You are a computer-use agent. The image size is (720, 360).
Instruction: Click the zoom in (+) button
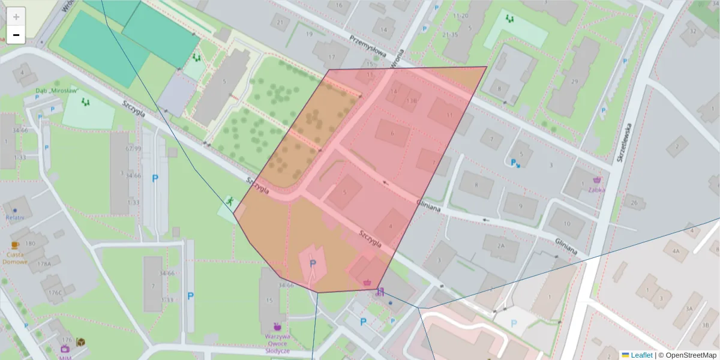pyautogui.click(x=16, y=17)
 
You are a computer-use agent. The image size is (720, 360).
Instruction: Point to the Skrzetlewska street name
pyautogui.click(x=625, y=143)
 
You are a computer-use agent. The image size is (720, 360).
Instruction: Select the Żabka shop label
pyautogui.click(x=596, y=188)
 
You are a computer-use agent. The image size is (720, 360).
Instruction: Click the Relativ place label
pyautogui.click(x=14, y=217)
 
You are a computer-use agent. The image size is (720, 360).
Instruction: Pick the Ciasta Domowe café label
pyautogui.click(x=15, y=257)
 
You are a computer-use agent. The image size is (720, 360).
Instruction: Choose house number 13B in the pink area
pyautogui.click(x=411, y=101)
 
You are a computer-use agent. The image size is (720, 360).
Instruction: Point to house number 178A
pyautogui.click(x=44, y=263)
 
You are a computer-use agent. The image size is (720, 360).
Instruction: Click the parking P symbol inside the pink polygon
pyautogui.click(x=312, y=263)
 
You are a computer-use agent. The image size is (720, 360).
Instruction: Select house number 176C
pyautogui.click(x=55, y=293)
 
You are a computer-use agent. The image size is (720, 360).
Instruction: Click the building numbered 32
pyautogui.click(x=694, y=31)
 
